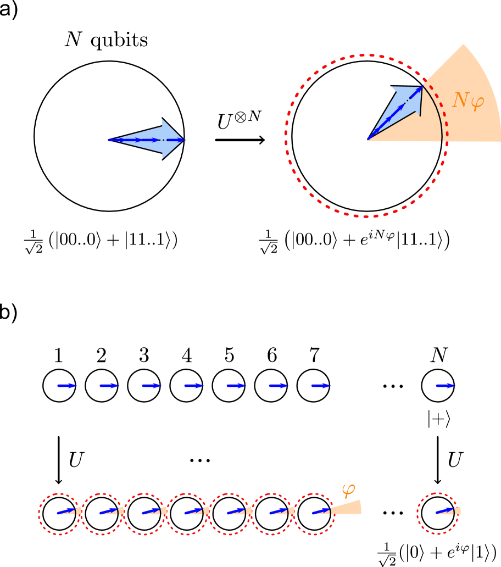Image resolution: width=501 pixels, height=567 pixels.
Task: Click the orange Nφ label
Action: coord(467,101)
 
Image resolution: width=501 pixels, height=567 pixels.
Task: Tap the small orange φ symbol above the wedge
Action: coord(348,490)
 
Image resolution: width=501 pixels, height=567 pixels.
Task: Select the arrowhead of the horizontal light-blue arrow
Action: coord(171,139)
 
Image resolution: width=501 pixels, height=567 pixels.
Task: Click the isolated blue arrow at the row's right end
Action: coord(446,386)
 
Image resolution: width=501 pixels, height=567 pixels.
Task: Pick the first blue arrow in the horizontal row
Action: coord(67,386)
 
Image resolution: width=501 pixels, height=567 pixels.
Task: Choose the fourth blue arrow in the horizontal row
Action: coord(194,386)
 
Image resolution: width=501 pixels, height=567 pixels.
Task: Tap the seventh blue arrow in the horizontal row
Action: coord(321,386)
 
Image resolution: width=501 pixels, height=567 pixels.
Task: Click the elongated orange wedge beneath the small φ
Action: coord(349,508)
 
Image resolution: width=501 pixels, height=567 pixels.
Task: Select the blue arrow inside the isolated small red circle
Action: coord(445,512)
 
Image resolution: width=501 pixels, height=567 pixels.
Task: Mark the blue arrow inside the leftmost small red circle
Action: coord(66,512)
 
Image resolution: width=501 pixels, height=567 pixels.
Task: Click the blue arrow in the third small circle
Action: coord(151,512)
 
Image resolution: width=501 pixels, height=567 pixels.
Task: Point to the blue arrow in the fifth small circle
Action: coord(236,512)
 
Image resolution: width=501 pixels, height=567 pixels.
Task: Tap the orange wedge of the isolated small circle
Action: coord(458,511)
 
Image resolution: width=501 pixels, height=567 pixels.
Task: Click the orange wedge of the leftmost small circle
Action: coord(79,511)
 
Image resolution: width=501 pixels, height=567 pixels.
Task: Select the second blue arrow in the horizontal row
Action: coord(109,386)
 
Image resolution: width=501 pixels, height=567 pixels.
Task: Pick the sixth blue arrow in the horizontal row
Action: coord(279,386)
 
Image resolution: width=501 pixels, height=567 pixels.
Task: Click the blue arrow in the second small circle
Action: coord(108,512)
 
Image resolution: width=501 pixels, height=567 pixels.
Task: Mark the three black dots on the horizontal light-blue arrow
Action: coord(163,140)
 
